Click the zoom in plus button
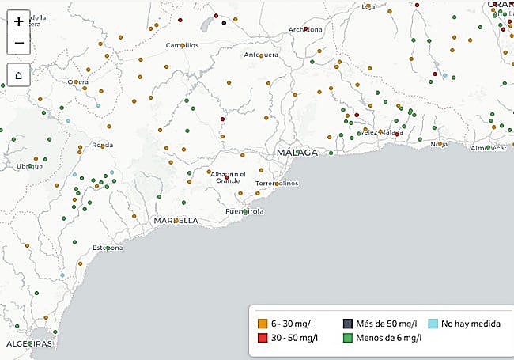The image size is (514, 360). (19, 22)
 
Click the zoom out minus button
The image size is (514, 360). (19, 44)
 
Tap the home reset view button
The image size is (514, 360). (19, 75)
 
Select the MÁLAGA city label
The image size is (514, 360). (297, 152)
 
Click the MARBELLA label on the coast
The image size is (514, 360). (176, 221)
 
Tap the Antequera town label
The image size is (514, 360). (261, 55)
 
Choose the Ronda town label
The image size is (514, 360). (103, 146)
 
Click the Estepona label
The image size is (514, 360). (108, 248)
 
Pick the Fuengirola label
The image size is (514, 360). (244, 212)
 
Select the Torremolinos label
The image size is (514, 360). (278, 184)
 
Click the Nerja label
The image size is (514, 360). (440, 145)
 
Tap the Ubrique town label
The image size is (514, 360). (29, 166)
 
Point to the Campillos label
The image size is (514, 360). (182, 46)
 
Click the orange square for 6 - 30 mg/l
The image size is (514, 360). (263, 324)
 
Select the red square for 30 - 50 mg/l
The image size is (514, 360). (263, 339)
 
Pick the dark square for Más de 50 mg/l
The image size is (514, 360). (347, 324)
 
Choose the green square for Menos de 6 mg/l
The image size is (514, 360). (347, 339)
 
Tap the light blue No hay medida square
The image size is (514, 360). (433, 324)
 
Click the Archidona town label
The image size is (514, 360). (306, 30)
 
